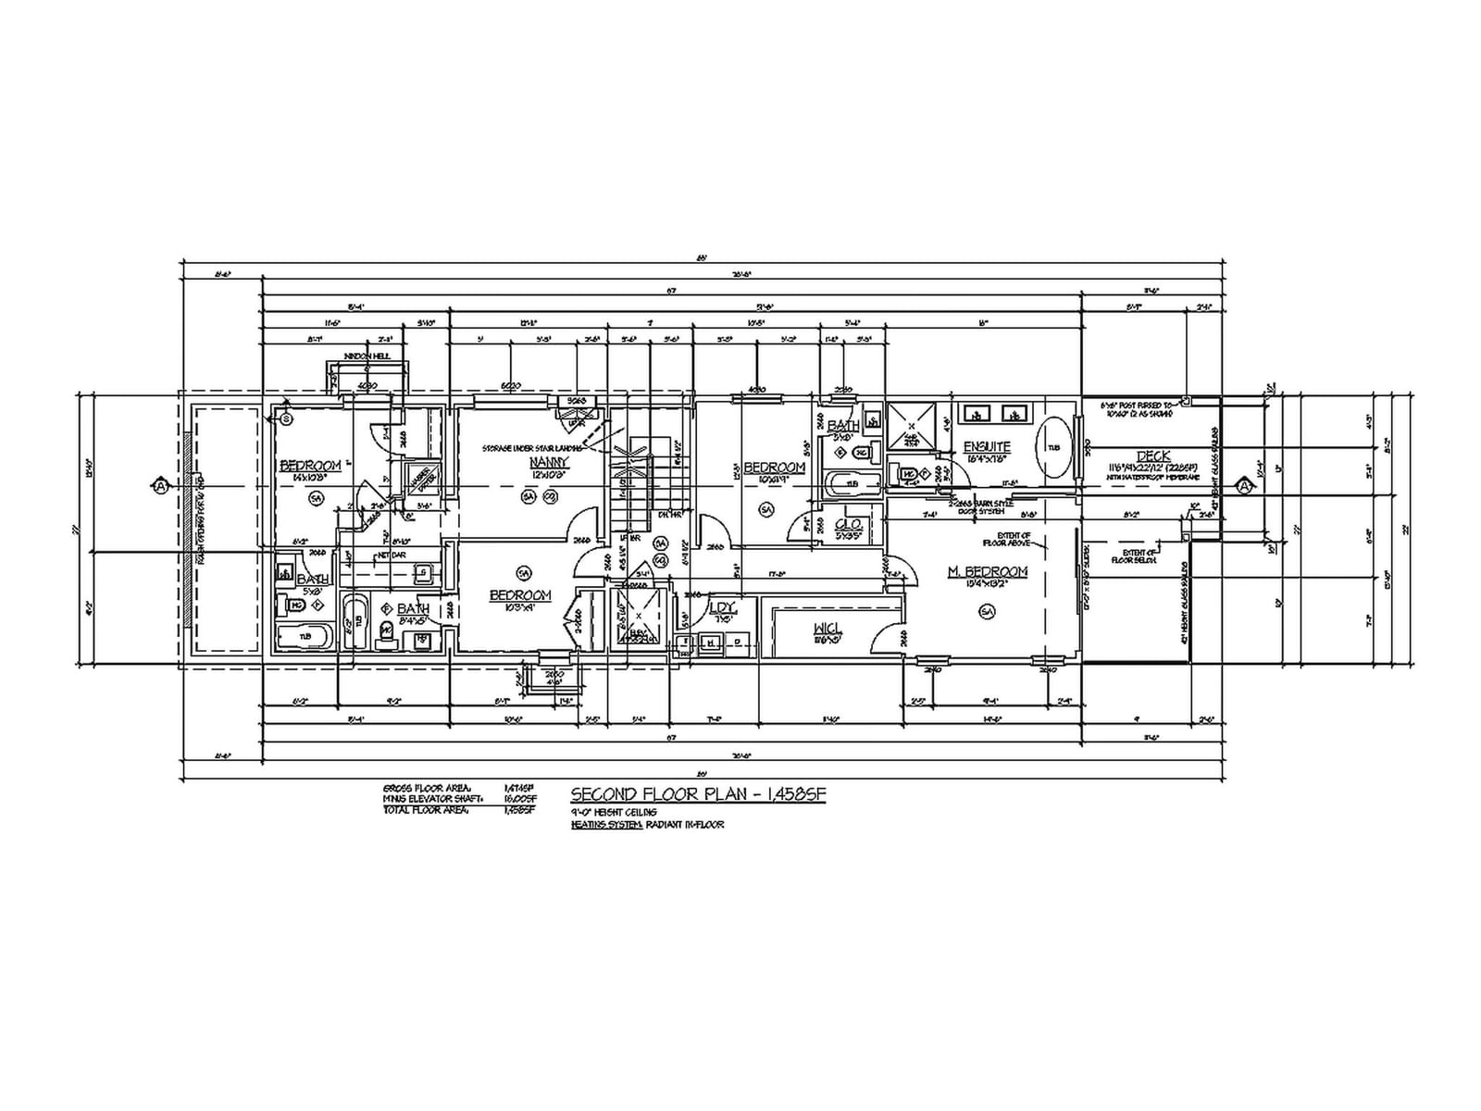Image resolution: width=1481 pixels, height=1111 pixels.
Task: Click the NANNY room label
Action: pos(548,462)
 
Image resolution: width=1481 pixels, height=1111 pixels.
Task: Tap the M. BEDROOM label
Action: pos(988,571)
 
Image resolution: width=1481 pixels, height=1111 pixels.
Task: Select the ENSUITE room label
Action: pos(987,447)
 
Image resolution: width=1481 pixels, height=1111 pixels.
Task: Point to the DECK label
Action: pos(1153,456)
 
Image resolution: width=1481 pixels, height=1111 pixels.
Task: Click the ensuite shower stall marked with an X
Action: pos(911,425)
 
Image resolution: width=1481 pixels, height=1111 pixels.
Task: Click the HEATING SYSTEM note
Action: pos(647,824)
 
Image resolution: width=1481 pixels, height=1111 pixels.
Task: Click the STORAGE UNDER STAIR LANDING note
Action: pos(532,448)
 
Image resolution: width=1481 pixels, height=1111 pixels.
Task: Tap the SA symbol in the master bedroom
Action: pos(987,611)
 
